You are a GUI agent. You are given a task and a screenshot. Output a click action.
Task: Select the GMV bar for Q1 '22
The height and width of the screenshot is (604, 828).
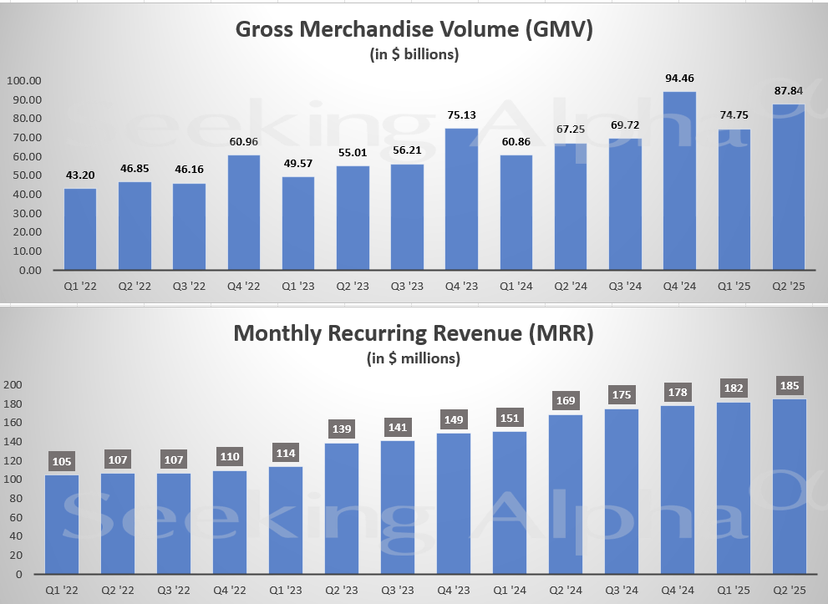[x=80, y=229]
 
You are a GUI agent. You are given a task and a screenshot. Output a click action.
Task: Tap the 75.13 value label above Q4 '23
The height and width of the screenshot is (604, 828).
[x=460, y=115]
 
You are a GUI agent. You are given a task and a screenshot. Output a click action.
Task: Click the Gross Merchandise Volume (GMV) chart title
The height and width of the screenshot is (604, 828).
[x=414, y=29]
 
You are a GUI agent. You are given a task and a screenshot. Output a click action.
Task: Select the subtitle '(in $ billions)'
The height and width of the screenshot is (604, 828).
[x=414, y=55]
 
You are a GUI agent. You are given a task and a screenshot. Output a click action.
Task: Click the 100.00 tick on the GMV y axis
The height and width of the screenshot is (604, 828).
[x=24, y=81]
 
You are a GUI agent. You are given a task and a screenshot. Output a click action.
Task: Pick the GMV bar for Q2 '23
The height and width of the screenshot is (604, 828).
[x=352, y=218]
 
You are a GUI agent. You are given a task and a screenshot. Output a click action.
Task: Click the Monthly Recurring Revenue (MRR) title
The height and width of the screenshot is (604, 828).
[x=414, y=334]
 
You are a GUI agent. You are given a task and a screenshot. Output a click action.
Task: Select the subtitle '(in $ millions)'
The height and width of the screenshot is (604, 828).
[x=414, y=359]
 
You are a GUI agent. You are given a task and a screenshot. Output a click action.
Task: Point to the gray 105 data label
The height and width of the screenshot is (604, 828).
[x=63, y=461]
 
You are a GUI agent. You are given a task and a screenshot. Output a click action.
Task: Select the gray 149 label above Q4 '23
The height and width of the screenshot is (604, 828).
[x=454, y=419]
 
